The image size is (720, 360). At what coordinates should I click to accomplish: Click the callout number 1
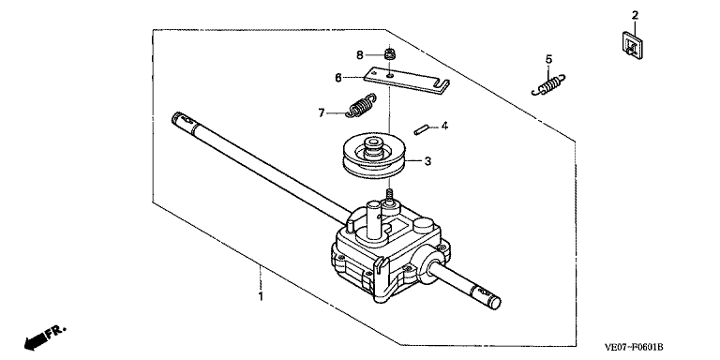click(x=261, y=296)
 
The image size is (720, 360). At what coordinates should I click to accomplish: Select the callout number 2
click(x=635, y=15)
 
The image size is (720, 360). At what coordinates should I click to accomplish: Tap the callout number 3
click(x=427, y=161)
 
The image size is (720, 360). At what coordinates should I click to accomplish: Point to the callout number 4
click(x=444, y=126)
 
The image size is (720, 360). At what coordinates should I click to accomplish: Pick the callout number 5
click(x=548, y=59)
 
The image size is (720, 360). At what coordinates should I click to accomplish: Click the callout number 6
click(x=338, y=78)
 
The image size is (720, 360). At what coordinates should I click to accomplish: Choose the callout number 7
click(x=322, y=112)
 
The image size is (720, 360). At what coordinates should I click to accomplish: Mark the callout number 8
click(x=360, y=55)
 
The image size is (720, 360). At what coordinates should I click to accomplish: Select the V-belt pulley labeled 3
click(x=374, y=157)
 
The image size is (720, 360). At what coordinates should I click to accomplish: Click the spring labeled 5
click(x=548, y=85)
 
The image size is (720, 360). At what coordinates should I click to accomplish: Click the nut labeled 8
click(x=390, y=53)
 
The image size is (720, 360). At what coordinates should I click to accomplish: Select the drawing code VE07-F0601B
click(x=634, y=347)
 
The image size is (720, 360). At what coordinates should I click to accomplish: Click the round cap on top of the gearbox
click(x=423, y=225)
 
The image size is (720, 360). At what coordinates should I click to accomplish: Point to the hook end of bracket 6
click(x=442, y=85)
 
